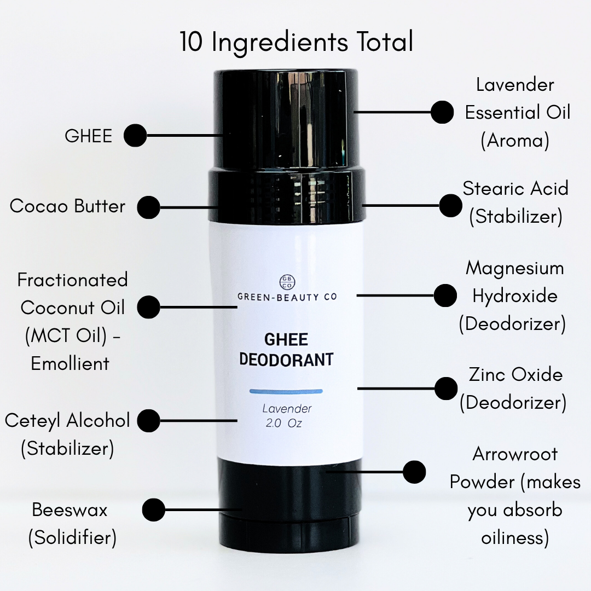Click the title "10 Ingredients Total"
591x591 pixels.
(296, 42)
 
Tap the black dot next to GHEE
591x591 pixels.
(135, 135)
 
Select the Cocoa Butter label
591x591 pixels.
(67, 206)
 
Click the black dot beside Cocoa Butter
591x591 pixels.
(148, 207)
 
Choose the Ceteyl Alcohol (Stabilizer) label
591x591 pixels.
(67, 434)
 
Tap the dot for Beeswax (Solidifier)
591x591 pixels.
(154, 510)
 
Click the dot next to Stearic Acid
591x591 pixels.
(450, 205)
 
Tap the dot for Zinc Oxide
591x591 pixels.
(446, 389)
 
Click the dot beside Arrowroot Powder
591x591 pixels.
(414, 472)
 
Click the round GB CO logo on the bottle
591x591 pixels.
(287, 282)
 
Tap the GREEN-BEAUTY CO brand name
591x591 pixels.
(287, 297)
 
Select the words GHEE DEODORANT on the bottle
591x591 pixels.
(286, 350)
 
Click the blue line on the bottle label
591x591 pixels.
(286, 391)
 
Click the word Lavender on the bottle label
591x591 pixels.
(287, 409)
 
